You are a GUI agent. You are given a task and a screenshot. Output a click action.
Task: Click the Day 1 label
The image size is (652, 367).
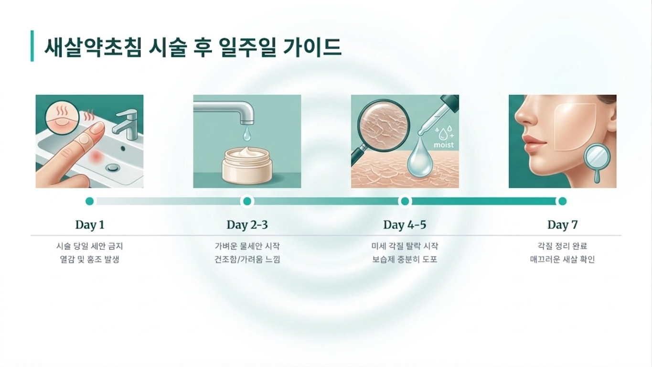pos(90,225)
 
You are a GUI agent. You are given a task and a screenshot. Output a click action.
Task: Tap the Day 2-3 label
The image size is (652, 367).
pos(247,225)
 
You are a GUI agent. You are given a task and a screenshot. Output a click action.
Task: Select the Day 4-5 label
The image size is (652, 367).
pos(405,225)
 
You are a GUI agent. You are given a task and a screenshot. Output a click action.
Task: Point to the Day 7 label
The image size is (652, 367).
pos(562,225)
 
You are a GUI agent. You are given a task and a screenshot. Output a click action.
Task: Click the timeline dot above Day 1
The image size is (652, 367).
pos(90,201)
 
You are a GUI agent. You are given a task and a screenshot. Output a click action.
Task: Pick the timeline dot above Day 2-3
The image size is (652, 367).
pos(247,201)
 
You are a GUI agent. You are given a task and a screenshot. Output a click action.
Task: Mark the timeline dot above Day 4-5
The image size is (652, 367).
pos(405,201)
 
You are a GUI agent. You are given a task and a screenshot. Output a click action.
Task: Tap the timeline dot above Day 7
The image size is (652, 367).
pos(562,201)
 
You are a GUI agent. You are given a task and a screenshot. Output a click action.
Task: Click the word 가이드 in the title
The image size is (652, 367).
pos(312,47)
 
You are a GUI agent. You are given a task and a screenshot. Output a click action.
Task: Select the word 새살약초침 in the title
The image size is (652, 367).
pos(93,47)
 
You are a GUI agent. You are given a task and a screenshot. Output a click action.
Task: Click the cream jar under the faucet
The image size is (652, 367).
pos(247,165)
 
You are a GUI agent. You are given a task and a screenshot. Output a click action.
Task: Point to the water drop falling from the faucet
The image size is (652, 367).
pos(247,133)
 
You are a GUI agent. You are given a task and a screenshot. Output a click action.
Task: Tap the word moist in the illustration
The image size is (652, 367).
pos(444,145)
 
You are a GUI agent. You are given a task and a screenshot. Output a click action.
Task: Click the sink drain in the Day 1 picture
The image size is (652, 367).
pos(112,168)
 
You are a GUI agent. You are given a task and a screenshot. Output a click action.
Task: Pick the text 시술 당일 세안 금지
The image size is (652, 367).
pos(90,247)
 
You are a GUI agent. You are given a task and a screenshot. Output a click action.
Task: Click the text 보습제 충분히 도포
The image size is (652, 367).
pos(405,259)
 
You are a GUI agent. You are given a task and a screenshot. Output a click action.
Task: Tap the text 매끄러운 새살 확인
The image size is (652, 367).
pos(562,259)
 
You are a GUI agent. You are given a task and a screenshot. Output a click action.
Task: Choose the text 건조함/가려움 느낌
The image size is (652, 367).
pos(247,259)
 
